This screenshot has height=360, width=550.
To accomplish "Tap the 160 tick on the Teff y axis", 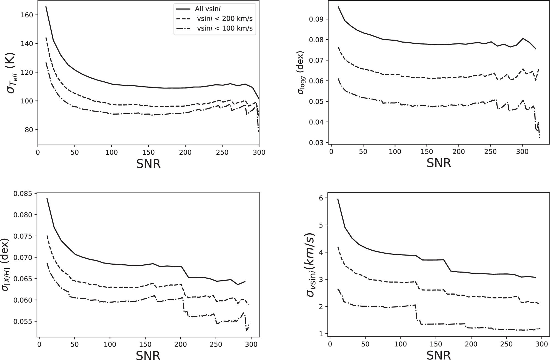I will pyautogui.click(x=27, y=15).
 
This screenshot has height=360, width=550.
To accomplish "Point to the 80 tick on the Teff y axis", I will pyautogui.click(x=28, y=129).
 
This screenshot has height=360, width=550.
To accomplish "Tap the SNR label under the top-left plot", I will pyautogui.click(x=148, y=164).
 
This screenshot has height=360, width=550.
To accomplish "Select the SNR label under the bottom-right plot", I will pyautogui.click(x=439, y=355).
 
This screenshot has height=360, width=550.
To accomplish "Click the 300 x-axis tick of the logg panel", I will pyautogui.click(x=522, y=152).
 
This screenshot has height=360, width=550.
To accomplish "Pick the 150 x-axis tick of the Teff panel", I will pyautogui.click(x=148, y=152).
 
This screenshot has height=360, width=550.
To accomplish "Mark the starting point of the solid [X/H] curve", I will pyautogui.click(x=47, y=198).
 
